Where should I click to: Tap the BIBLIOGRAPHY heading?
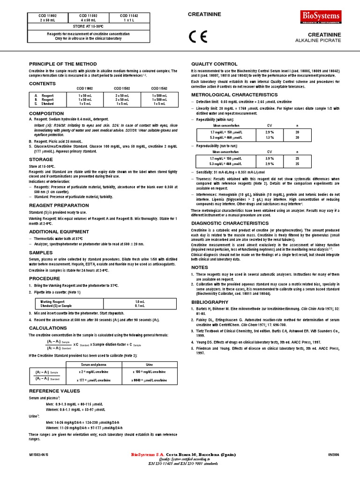(x=210, y=303)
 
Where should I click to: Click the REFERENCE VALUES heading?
(x=54, y=391)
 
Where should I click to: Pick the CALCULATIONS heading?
(x=48, y=328)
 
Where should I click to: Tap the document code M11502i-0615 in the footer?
(x=38, y=455)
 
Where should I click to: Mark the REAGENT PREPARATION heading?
(x=59, y=205)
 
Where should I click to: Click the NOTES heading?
(x=200, y=267)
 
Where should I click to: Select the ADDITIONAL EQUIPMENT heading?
(x=59, y=232)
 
